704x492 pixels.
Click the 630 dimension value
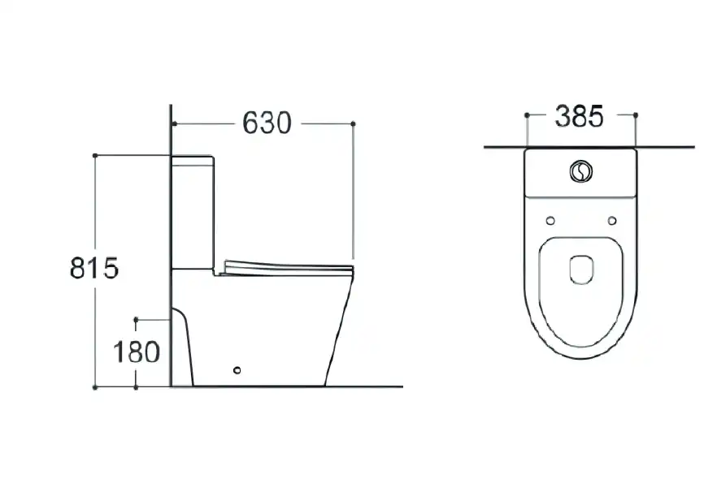coord(267,123)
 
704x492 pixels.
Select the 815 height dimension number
coord(94,267)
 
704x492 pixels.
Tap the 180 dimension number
coord(137,352)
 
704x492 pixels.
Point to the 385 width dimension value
coord(580,116)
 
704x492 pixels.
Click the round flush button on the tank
coord(581,171)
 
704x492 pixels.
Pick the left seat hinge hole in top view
coord(550,220)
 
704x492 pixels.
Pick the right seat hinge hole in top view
coord(612,220)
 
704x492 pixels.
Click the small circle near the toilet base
coord(237,372)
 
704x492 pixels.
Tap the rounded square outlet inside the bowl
coord(581,269)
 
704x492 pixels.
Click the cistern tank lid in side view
coord(193,159)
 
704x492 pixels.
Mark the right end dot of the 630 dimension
coord(353,123)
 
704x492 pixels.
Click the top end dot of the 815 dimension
coord(96,154)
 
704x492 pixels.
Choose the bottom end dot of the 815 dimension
coord(96,387)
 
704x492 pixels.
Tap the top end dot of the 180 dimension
coord(137,320)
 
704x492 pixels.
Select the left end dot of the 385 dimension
coord(527,114)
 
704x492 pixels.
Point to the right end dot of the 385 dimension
coord(635,114)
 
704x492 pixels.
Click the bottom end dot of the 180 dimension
coord(137,387)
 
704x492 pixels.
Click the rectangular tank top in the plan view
coord(581,174)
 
